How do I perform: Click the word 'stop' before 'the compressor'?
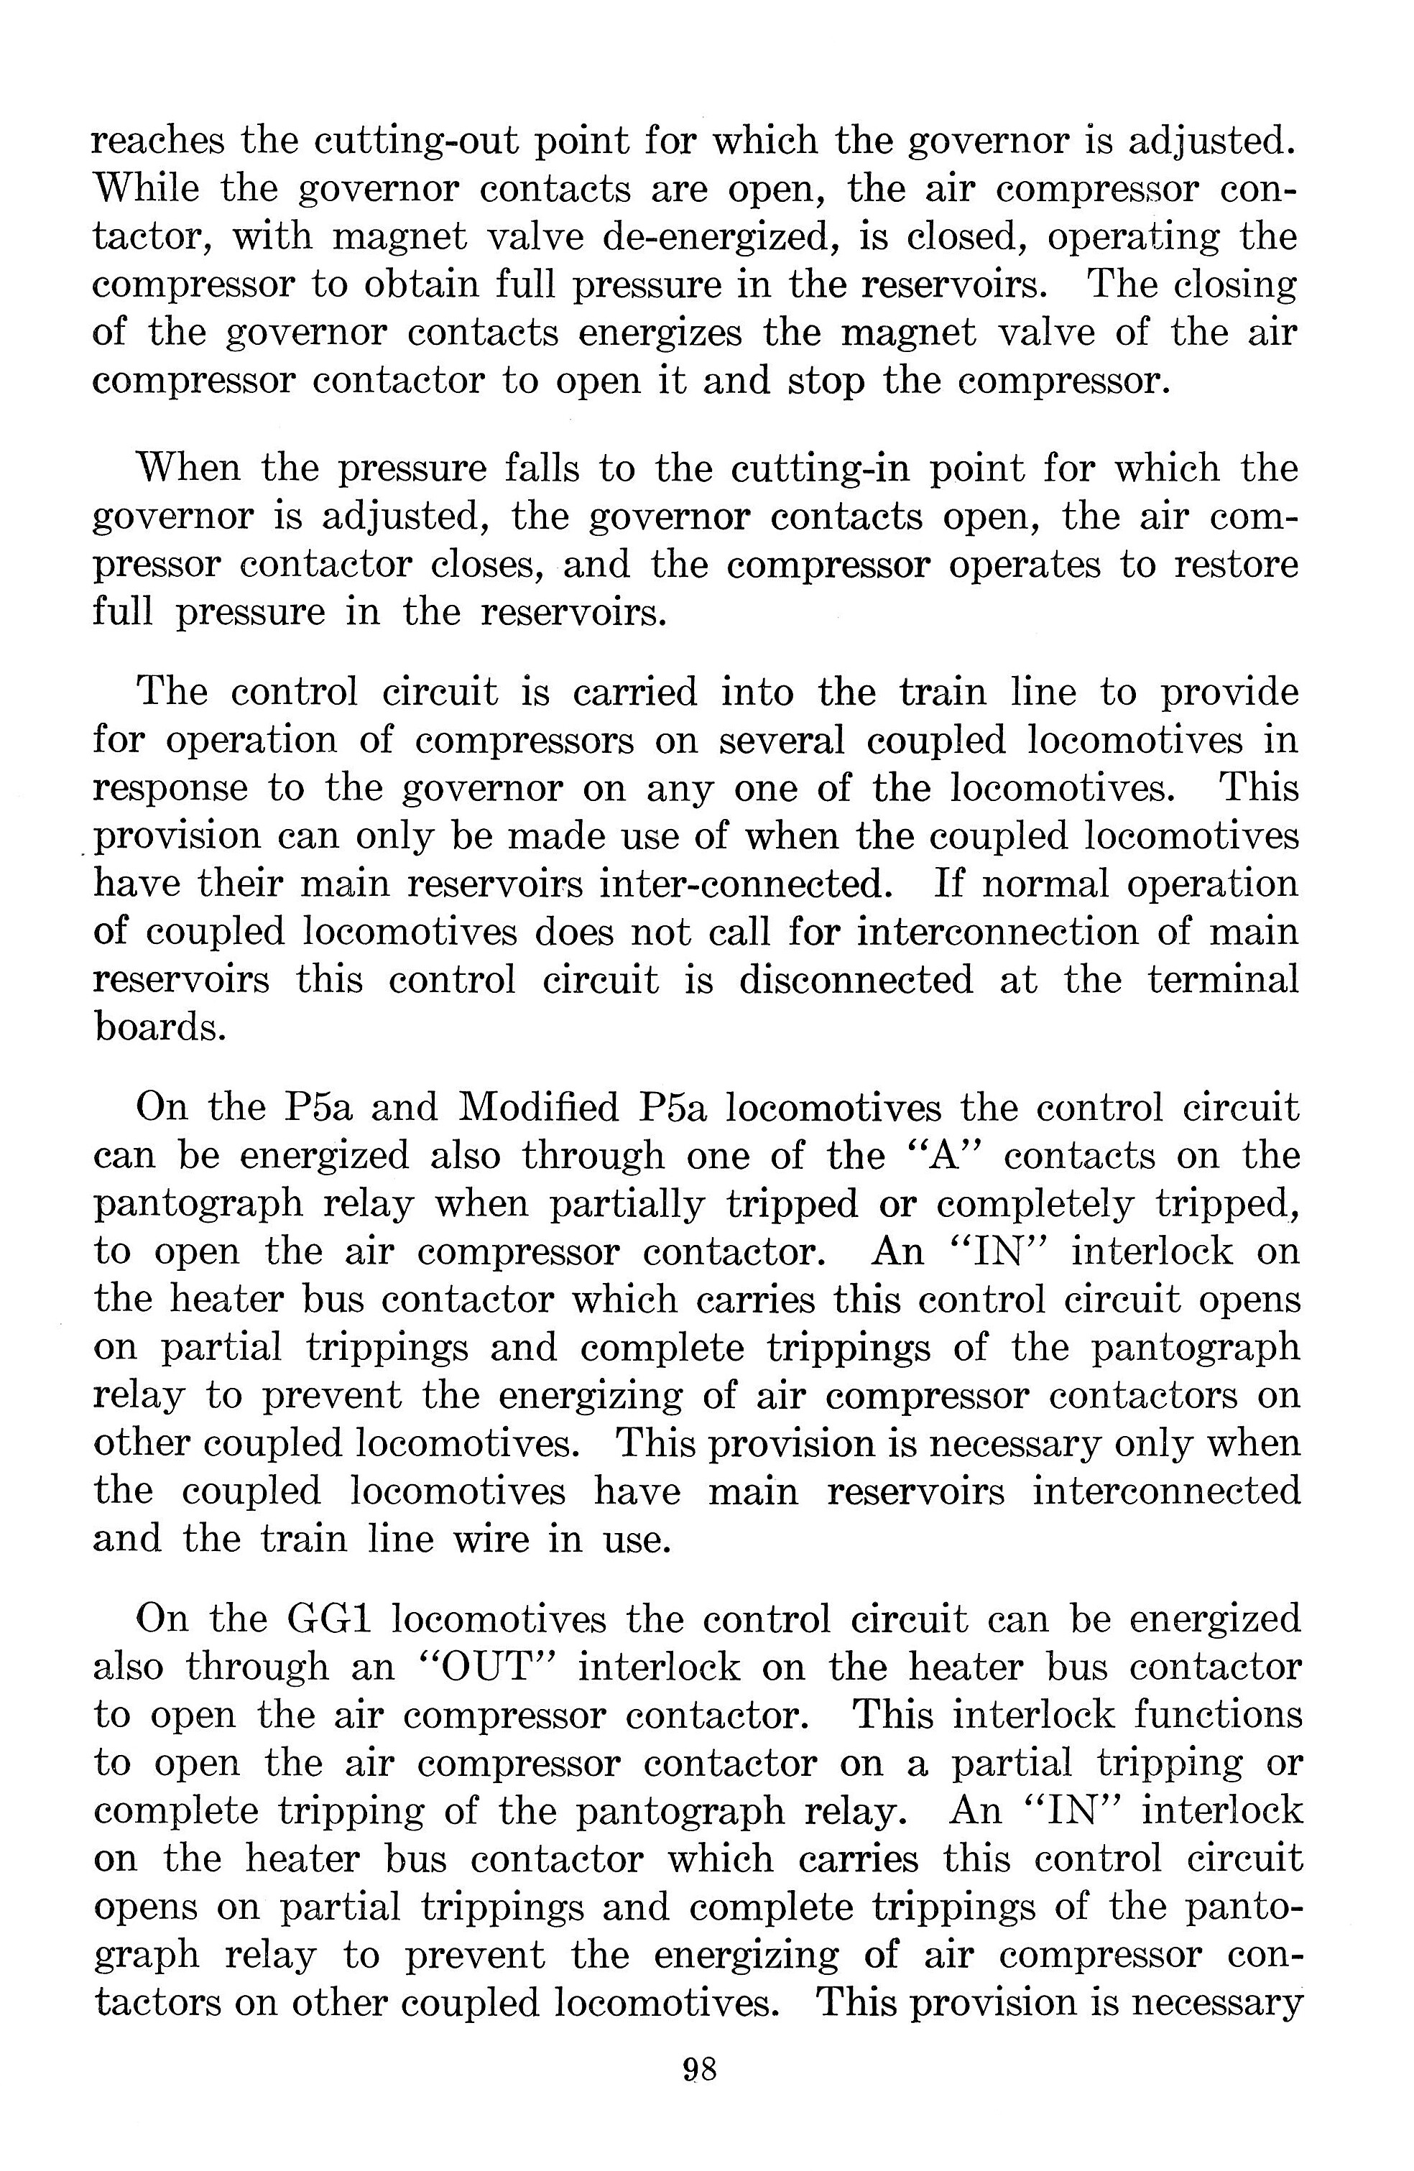click(826, 379)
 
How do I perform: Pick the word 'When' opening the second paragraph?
click(188, 468)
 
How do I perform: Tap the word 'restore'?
click(1235, 564)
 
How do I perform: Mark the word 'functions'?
click(1218, 1714)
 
